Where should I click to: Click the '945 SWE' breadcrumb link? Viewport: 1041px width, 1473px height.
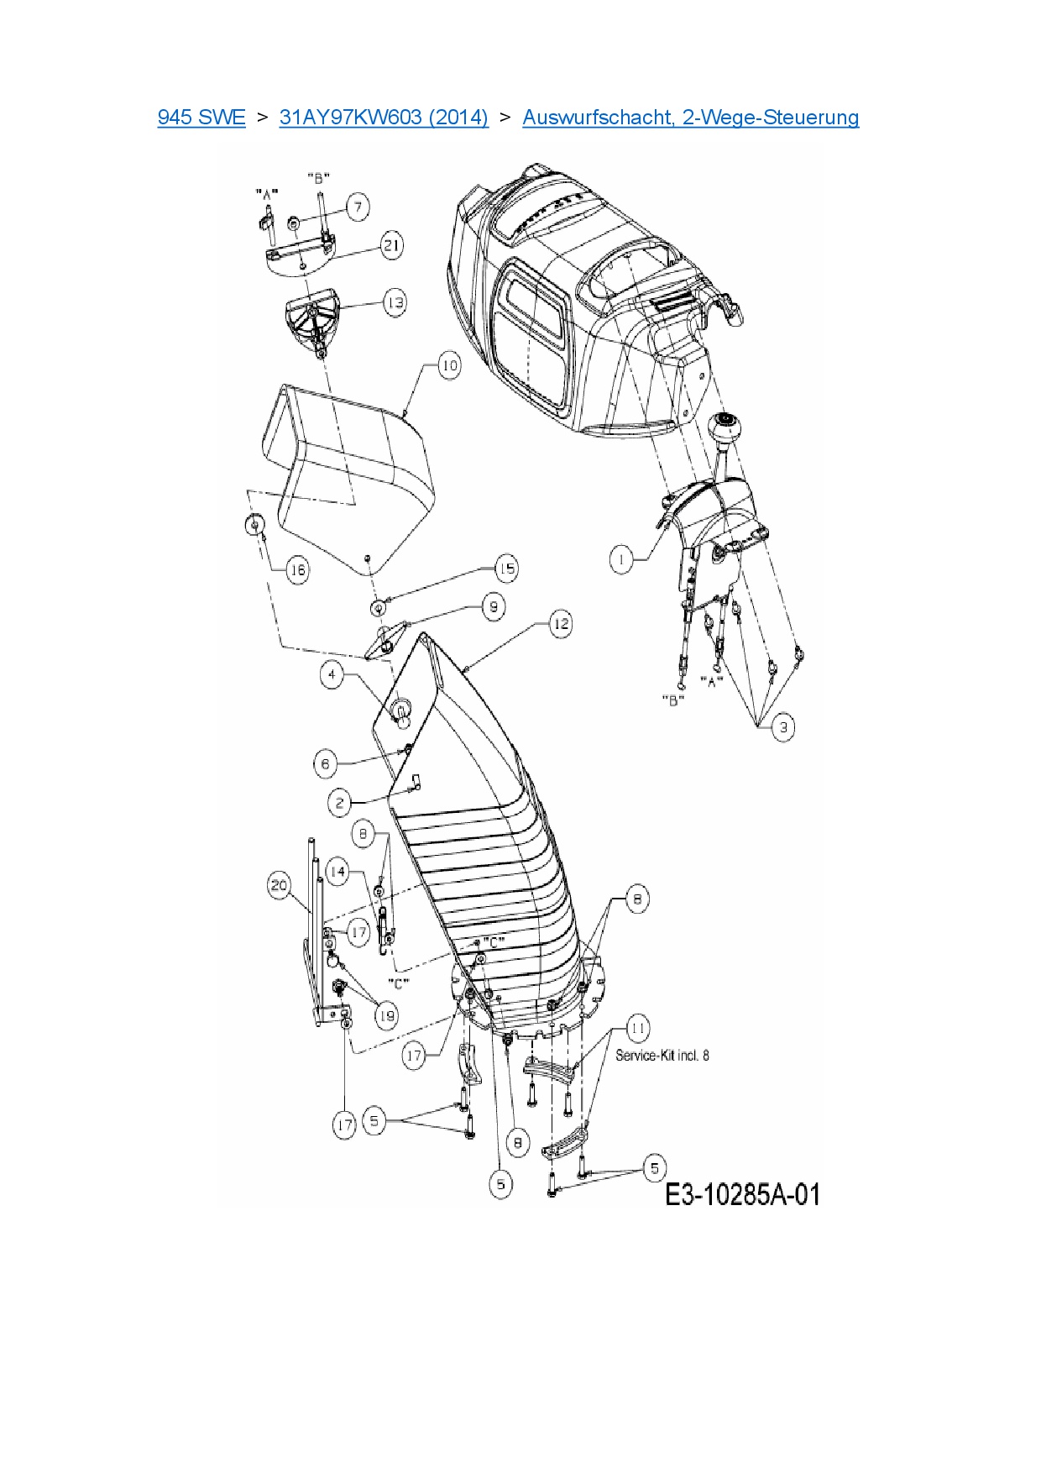pos(201,117)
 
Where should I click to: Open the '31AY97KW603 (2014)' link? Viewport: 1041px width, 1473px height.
pos(384,117)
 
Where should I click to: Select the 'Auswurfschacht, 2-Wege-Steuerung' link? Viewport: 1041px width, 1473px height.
pos(690,117)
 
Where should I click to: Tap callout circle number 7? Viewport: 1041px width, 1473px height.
pos(358,207)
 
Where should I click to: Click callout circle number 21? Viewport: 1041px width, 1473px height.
pos(391,245)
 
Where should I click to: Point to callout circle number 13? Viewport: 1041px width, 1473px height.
pos(394,302)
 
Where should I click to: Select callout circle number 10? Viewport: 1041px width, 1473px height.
pos(450,365)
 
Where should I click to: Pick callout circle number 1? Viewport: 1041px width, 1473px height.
pos(621,559)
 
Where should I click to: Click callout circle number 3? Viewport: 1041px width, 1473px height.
pos(783,727)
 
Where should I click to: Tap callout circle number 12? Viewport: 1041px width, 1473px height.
pos(560,623)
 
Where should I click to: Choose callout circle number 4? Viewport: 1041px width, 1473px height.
pos(332,674)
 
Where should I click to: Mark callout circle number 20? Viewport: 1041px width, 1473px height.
pos(279,885)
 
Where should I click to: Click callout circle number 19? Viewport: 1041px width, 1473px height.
pos(385,1016)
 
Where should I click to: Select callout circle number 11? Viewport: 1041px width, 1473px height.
pos(638,1028)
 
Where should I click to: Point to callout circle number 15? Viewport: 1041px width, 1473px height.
pos(506,569)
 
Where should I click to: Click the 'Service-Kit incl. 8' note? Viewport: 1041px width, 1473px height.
pos(662,1055)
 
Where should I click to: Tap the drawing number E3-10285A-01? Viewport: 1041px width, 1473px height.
pos(742,1193)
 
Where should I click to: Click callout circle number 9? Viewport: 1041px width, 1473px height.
pos(494,606)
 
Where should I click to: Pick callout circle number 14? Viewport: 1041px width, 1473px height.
pos(337,872)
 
